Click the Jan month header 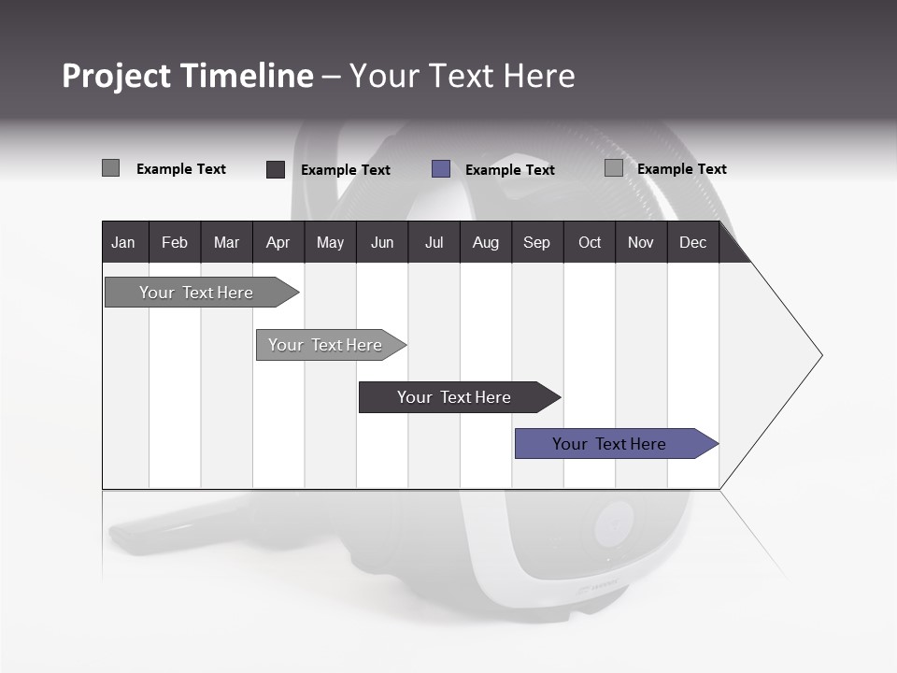click(x=123, y=242)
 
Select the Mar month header click(x=226, y=242)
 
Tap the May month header click(x=330, y=242)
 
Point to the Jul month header click(x=434, y=242)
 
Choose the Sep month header click(x=536, y=242)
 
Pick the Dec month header click(x=692, y=242)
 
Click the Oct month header click(x=590, y=242)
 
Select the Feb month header click(x=175, y=242)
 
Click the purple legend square click(x=441, y=169)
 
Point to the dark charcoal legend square click(x=276, y=169)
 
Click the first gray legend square click(x=110, y=168)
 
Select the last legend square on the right click(x=613, y=168)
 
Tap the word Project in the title click(x=116, y=76)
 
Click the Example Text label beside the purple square click(x=509, y=169)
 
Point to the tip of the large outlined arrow click(x=820, y=355)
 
